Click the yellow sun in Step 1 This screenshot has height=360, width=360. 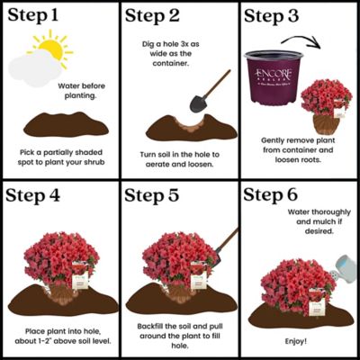pyautogui.click(x=50, y=49)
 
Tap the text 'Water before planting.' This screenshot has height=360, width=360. pyautogui.click(x=82, y=93)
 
